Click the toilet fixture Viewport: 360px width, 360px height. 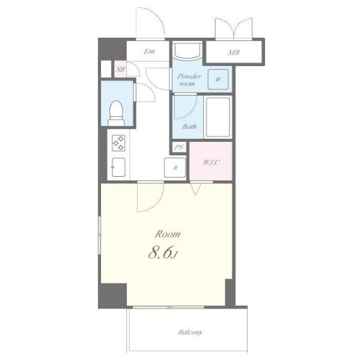[x=116, y=113]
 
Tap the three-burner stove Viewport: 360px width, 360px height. [x=118, y=143]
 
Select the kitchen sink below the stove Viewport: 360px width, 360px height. [x=118, y=167]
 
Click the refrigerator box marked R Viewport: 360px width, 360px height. [x=175, y=168]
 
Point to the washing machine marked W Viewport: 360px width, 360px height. [x=218, y=79]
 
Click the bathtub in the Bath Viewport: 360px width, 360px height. [x=218, y=117]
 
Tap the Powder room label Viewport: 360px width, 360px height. [x=189, y=80]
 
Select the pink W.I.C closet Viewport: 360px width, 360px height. [x=211, y=160]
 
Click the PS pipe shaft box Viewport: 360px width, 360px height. [x=179, y=147]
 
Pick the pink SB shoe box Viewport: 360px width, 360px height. [x=120, y=69]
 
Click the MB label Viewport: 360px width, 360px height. [x=234, y=52]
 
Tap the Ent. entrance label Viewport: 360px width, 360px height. [x=150, y=51]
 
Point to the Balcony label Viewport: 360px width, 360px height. [x=190, y=332]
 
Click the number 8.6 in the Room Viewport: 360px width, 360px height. [x=160, y=253]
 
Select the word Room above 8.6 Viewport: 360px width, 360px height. [x=168, y=234]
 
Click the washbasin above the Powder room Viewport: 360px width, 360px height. [x=188, y=50]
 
